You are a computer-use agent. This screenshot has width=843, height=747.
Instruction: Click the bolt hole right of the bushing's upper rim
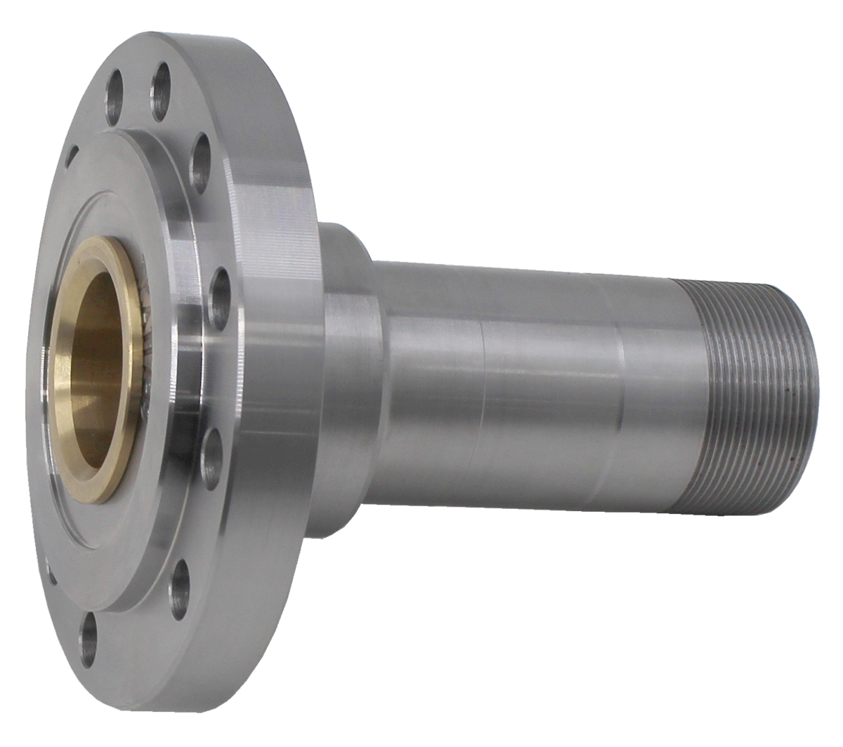(220, 295)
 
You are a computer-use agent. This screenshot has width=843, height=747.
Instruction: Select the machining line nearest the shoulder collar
(482, 393)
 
